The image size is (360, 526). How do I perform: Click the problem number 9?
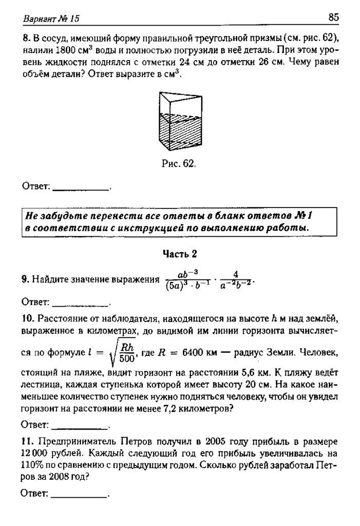coord(24,279)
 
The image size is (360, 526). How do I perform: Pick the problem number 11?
coord(26,441)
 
